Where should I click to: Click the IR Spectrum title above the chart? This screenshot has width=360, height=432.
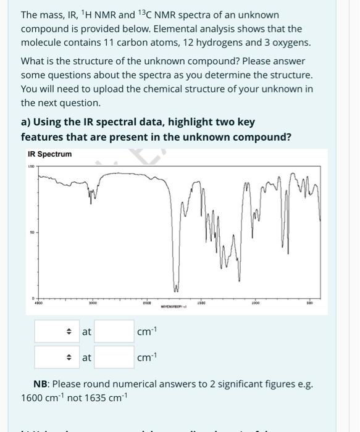click(50, 154)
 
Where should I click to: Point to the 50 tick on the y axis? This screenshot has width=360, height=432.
click(30, 233)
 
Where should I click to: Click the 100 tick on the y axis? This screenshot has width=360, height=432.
click(30, 166)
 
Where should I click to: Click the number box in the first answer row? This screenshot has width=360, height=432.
click(114, 331)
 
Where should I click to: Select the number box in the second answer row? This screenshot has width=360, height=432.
click(114, 357)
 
